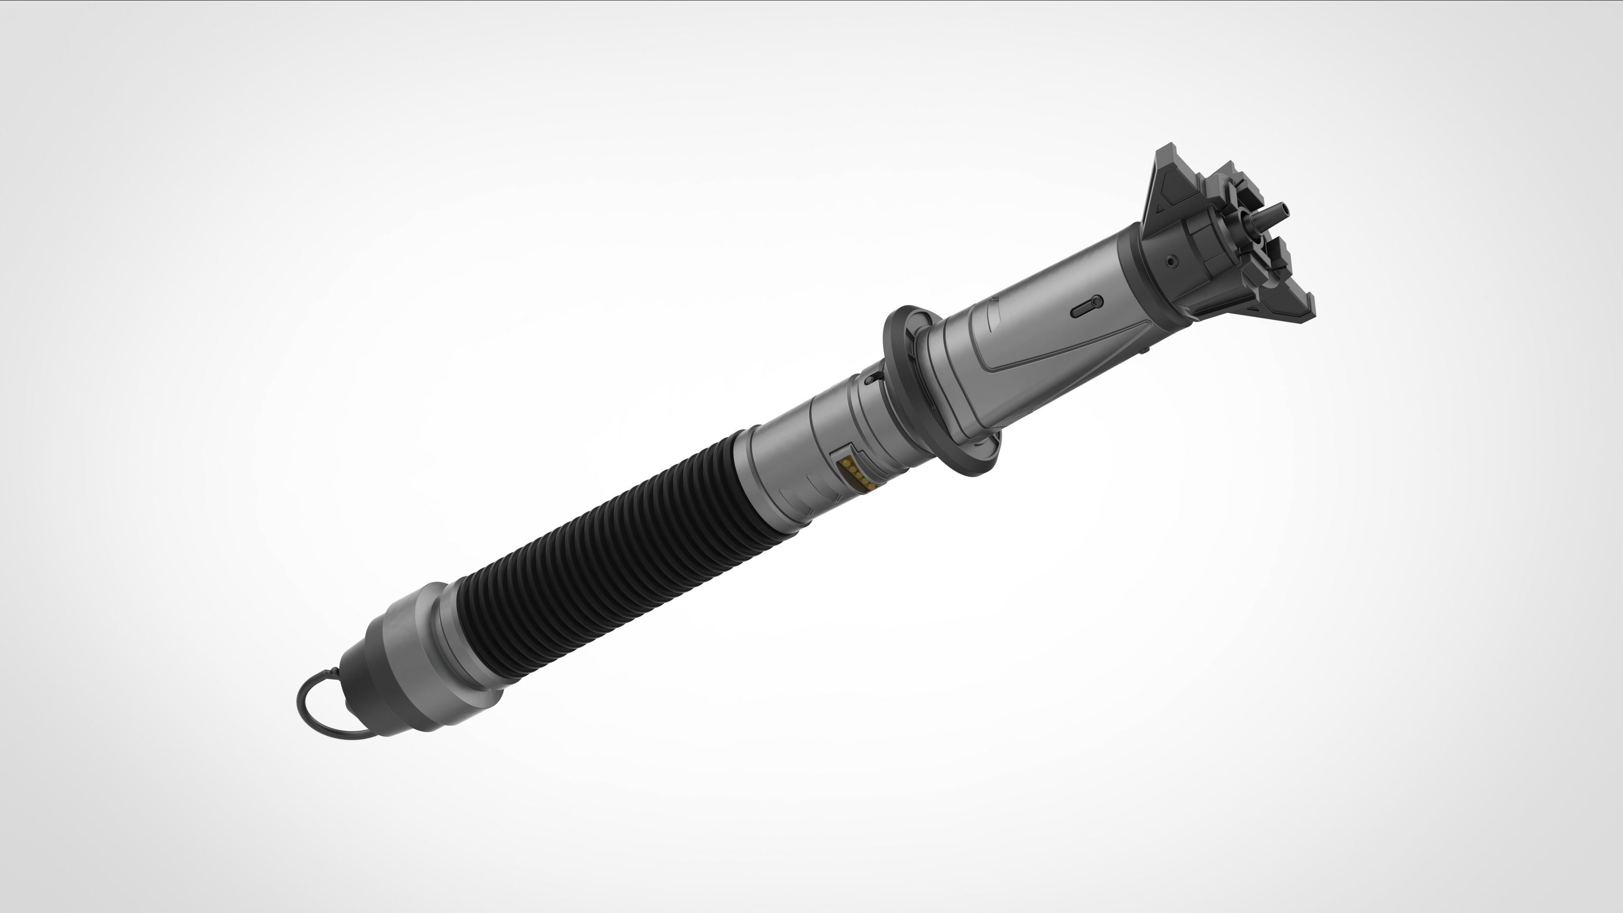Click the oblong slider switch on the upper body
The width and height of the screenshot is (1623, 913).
tap(1087, 307)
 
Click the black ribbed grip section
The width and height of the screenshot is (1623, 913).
tap(598, 567)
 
